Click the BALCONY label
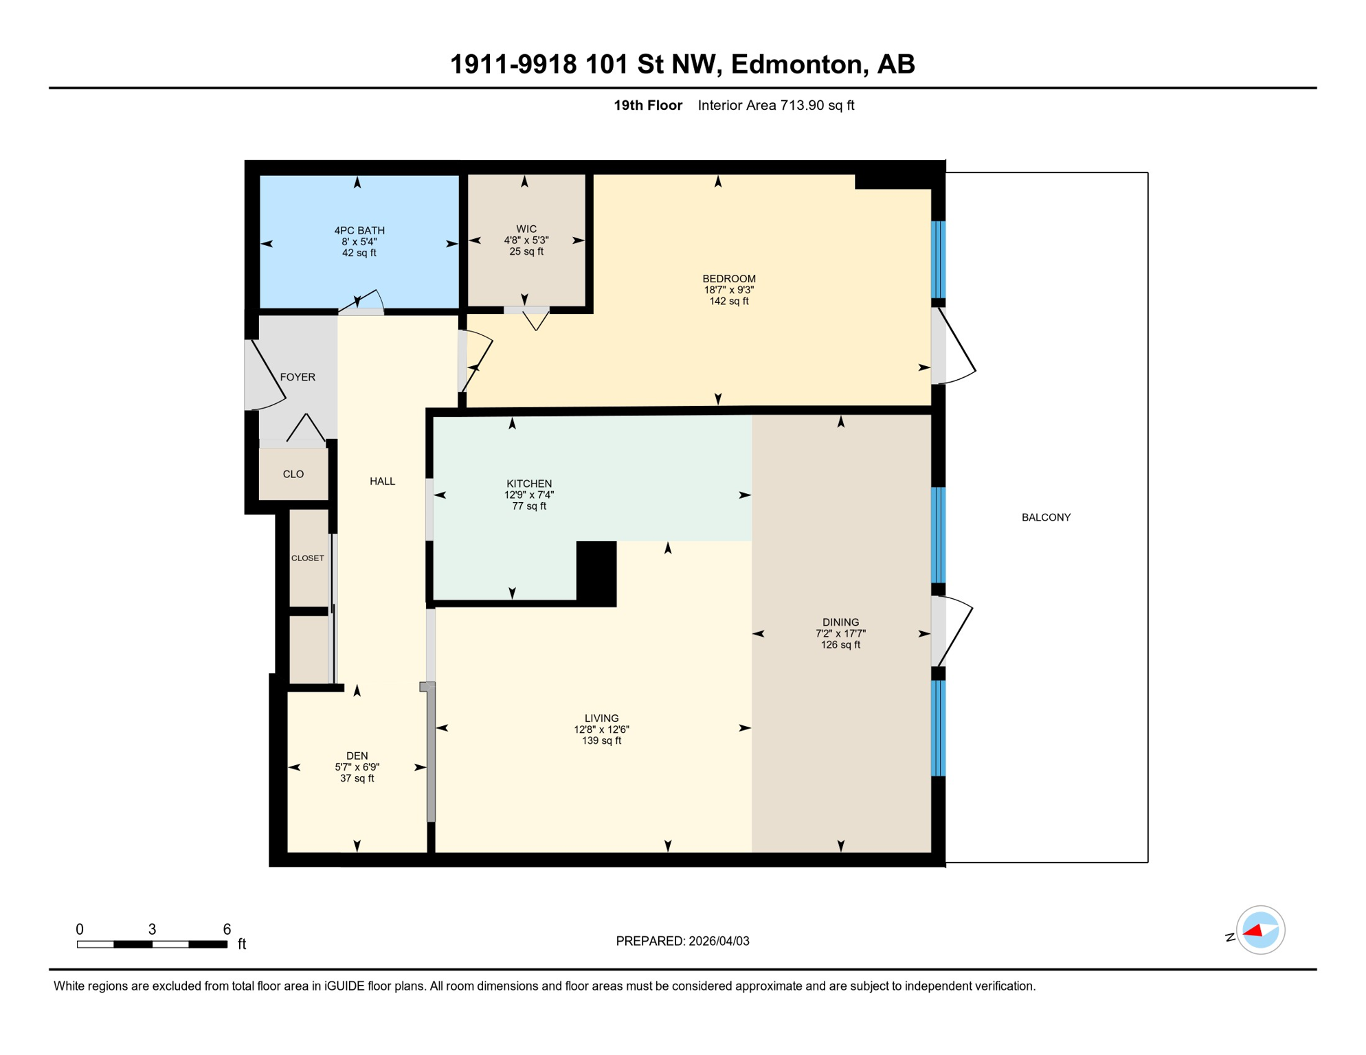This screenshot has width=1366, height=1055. [1046, 517]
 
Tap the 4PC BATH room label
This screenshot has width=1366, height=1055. [359, 231]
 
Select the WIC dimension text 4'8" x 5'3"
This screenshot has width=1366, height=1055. [526, 240]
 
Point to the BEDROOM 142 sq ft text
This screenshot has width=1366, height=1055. [729, 301]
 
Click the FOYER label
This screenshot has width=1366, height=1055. [298, 377]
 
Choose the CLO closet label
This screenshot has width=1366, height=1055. [293, 474]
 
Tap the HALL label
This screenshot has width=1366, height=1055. [382, 481]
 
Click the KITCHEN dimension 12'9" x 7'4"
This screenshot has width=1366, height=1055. [529, 495]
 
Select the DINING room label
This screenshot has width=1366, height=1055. [840, 622]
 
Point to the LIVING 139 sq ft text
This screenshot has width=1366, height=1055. [601, 740]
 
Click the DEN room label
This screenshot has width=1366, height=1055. [357, 756]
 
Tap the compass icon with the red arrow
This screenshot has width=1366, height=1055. [1260, 930]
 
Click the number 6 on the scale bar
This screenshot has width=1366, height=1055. [227, 929]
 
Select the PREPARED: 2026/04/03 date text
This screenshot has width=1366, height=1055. [682, 941]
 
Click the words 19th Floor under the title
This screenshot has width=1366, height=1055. [648, 105]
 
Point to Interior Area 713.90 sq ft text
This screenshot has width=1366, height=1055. [776, 105]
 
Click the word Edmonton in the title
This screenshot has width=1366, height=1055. [796, 65]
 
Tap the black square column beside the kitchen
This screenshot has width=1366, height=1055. [596, 574]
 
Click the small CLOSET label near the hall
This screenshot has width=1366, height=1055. [308, 558]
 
